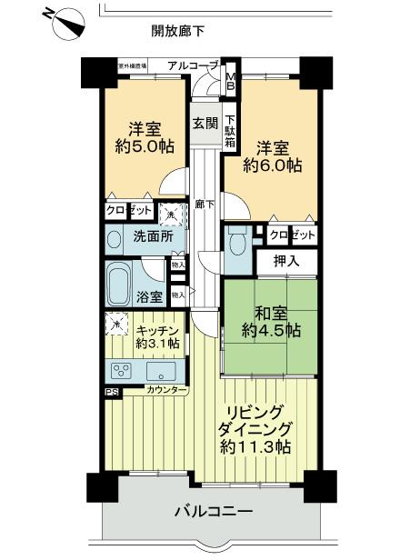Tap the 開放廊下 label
point(178,32)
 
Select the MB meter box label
point(231,82)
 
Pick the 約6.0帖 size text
point(273,165)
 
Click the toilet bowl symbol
point(238,244)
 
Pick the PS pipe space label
point(111,392)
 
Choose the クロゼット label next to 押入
point(293,235)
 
